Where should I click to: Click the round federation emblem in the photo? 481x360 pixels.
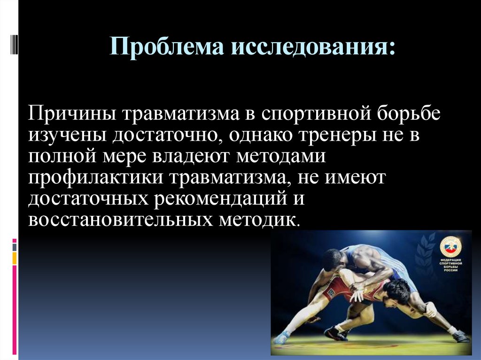(x=450, y=246)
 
